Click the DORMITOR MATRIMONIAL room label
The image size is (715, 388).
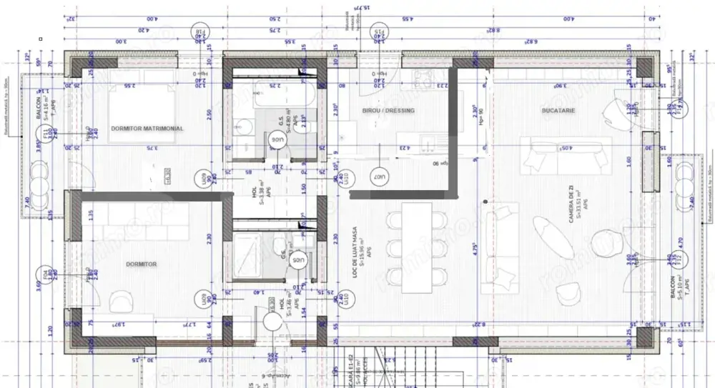click(x=147, y=129)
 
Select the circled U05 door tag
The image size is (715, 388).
click(x=298, y=260)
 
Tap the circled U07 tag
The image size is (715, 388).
click(x=379, y=175)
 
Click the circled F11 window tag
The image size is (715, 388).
click(x=46, y=133)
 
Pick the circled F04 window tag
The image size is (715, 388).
click(x=46, y=274)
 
